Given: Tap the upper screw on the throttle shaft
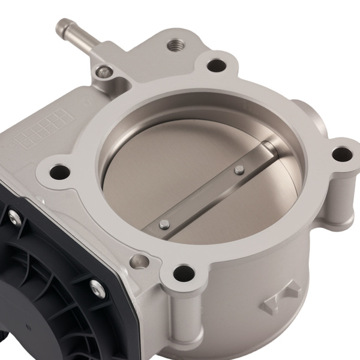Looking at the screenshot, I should (x=239, y=170).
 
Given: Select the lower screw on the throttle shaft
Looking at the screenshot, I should (x=164, y=224).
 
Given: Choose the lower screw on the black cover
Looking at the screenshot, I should (x=95, y=287).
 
